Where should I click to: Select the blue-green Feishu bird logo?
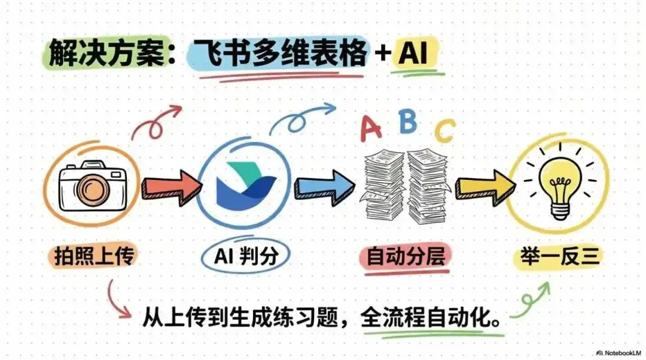[245, 179]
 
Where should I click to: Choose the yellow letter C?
[444, 132]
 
